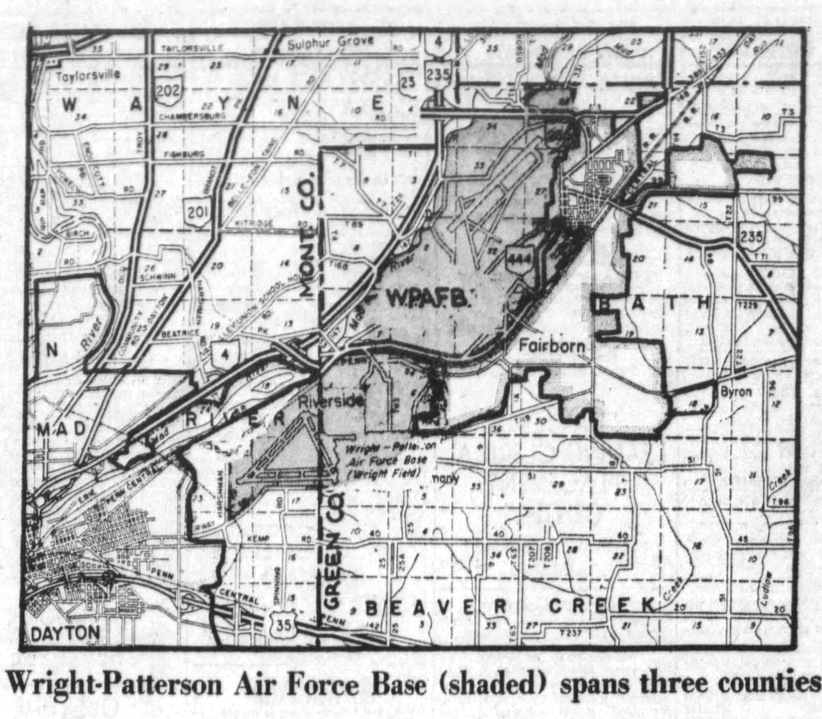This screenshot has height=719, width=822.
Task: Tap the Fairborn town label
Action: coord(552,346)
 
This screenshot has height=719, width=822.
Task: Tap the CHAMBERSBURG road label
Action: coord(192,117)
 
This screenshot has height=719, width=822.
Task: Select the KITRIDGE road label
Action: coord(255,223)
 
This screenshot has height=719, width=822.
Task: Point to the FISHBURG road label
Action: coord(183,154)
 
